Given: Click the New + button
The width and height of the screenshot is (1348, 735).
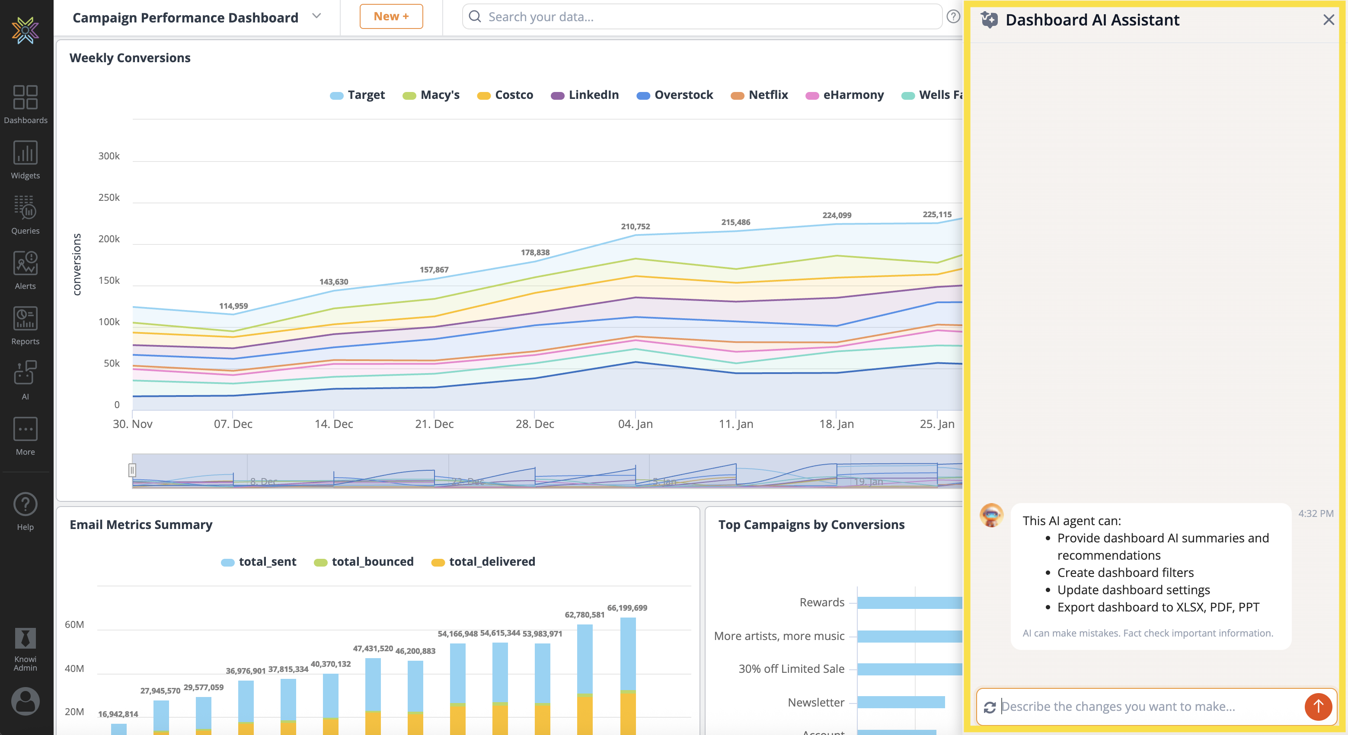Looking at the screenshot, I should (x=391, y=17).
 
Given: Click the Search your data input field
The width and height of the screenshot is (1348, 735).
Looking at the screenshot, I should (x=701, y=17).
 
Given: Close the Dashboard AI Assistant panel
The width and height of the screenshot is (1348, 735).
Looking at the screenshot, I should (x=1328, y=20).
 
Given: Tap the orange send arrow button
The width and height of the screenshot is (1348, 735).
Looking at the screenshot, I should (x=1318, y=706).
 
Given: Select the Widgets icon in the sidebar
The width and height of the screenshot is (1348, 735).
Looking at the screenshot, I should (x=25, y=160).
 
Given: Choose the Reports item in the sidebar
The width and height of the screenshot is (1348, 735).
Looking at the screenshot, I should (x=25, y=326).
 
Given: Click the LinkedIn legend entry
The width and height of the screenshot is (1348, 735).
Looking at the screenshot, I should (x=585, y=95).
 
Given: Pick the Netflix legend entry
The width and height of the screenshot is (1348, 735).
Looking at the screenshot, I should (x=759, y=95).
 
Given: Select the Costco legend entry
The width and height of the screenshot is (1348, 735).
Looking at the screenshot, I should (x=505, y=95).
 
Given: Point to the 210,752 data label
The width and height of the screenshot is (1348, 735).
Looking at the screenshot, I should (x=635, y=226).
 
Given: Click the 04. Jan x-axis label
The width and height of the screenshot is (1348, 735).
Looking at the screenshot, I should (x=635, y=424).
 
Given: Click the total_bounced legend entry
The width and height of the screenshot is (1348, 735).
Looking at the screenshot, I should (x=364, y=562).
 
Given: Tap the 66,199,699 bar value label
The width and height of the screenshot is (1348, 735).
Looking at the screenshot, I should (x=627, y=608).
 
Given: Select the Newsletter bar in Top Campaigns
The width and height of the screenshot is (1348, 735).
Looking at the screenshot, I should (x=901, y=703).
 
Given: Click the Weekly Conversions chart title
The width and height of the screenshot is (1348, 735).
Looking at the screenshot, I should (x=130, y=58).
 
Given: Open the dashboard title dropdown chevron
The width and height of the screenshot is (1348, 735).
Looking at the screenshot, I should (x=316, y=16).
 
